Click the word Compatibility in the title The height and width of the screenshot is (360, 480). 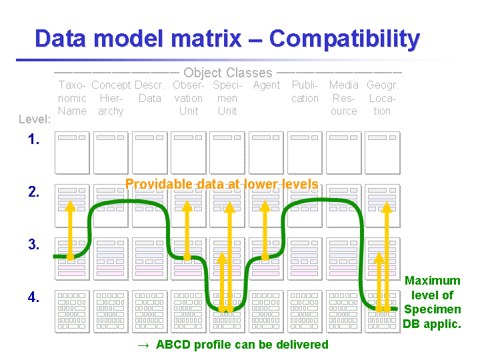click(344, 39)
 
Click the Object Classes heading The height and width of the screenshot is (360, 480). click(227, 73)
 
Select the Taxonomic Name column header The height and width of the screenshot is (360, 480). click(72, 98)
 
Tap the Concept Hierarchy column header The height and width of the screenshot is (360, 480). click(111, 98)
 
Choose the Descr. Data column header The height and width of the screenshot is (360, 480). click(150, 92)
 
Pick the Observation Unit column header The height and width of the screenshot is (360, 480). click(189, 98)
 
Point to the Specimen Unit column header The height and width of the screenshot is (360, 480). click(227, 98)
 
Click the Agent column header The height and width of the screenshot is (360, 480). click(266, 85)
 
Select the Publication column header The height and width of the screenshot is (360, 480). click(305, 92)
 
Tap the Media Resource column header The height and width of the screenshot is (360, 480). click(343, 98)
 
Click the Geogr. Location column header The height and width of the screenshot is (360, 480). click(382, 98)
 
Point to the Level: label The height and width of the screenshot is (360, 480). click(35, 119)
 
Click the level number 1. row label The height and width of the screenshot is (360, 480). click(34, 140)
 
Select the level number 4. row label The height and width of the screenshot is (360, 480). click(34, 297)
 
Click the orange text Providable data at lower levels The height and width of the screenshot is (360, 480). click(221, 184)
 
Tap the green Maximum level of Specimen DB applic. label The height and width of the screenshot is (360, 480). click(432, 303)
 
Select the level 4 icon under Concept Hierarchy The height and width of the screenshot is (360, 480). click(111, 311)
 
